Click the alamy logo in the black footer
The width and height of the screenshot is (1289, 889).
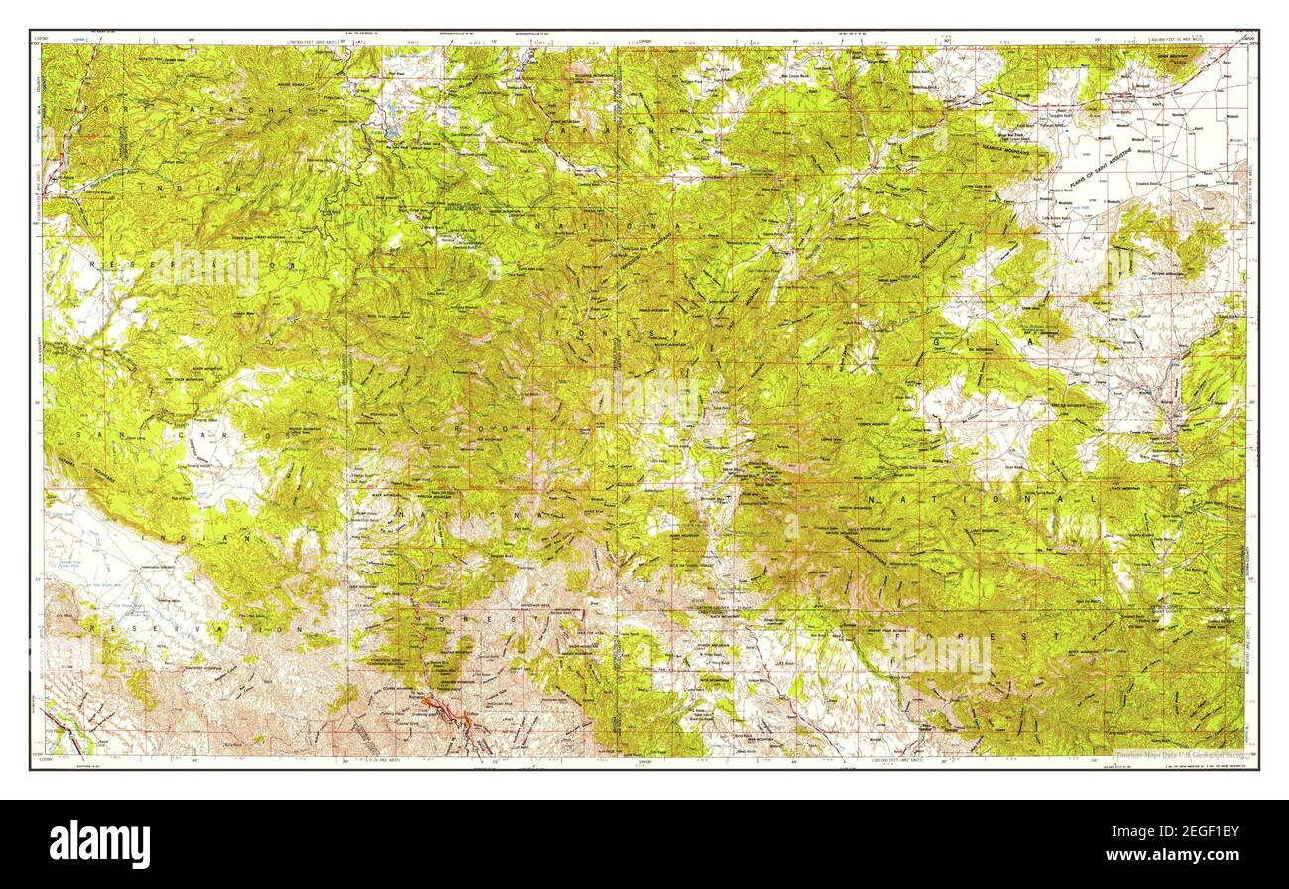click(99, 844)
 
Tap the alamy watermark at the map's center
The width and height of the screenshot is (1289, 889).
click(644, 396)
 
